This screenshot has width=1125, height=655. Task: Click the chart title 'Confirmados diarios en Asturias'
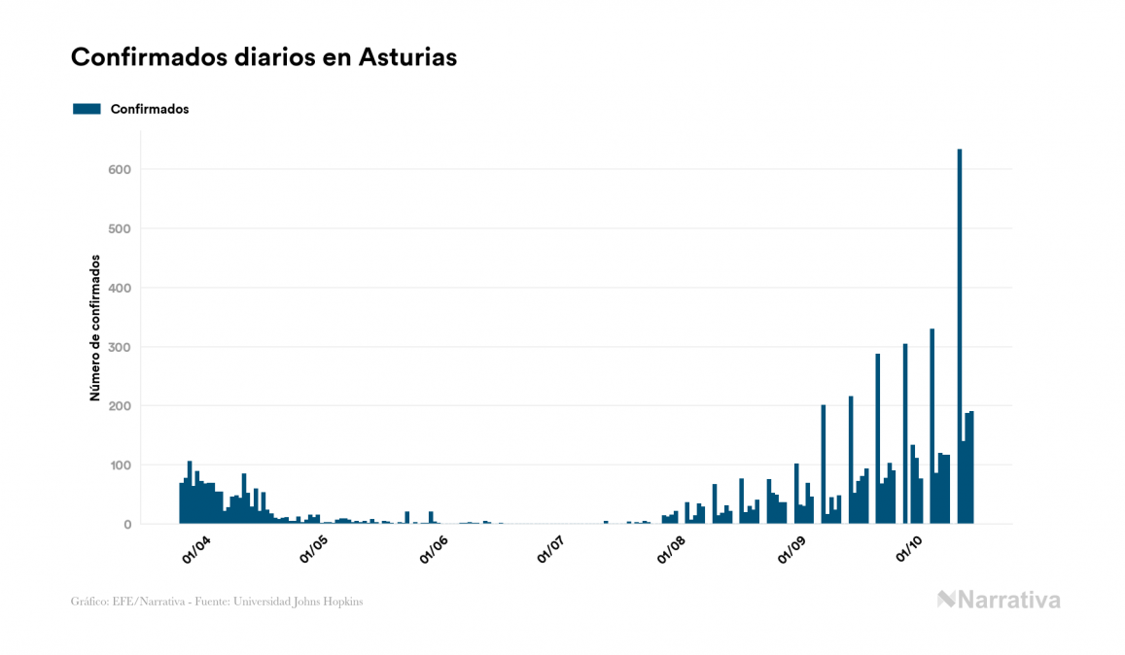[x=264, y=57]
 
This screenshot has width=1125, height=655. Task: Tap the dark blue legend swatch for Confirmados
[x=87, y=109]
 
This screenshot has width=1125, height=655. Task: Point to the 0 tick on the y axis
[x=126, y=525]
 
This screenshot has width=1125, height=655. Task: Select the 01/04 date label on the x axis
[x=197, y=551]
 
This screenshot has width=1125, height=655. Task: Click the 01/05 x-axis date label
[x=316, y=551]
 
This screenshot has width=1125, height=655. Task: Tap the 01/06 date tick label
[x=434, y=551]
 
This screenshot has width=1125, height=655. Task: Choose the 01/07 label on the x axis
[x=551, y=551]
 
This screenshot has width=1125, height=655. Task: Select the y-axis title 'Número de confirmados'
[x=95, y=328]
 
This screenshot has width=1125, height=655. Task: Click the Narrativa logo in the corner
[x=999, y=600]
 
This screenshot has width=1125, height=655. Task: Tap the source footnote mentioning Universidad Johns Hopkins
[x=217, y=602]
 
